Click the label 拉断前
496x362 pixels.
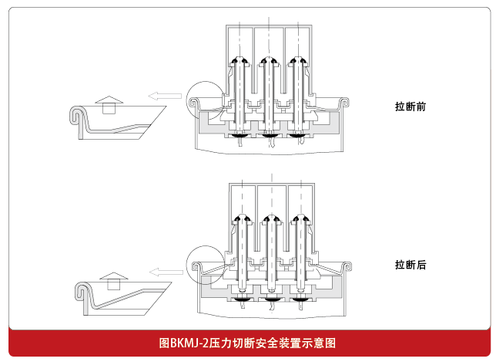[411, 107]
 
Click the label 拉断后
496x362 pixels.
[411, 265]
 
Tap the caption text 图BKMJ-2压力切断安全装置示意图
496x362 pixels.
[248, 343]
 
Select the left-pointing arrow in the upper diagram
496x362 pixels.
[164, 96]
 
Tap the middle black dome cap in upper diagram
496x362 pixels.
[267, 61]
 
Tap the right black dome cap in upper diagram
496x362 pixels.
[296, 61]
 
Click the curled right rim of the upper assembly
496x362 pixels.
[344, 101]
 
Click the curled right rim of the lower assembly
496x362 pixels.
[348, 266]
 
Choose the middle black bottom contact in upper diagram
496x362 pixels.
[269, 136]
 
